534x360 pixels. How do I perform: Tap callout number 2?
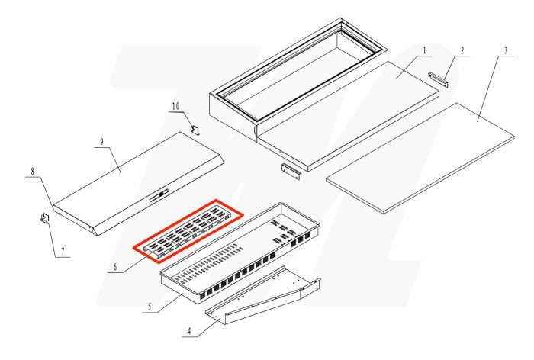pos(462,51)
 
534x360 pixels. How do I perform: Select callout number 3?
pos(505,51)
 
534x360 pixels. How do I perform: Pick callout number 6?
pos(114,267)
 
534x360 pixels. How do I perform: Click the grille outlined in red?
pos(188,227)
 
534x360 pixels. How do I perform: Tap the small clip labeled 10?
pos(195,130)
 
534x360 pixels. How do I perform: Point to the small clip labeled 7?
pos(44,220)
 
